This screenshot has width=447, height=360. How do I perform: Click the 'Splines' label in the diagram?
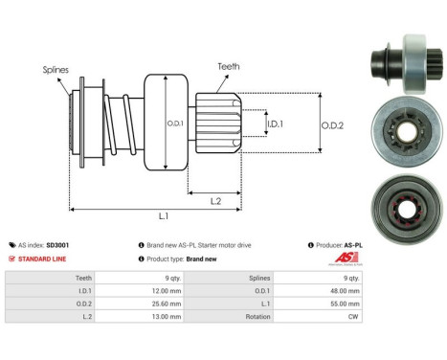tap(55, 70)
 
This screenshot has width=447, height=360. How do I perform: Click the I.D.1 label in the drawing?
tap(275, 124)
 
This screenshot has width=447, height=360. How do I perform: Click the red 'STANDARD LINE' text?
tap(45, 259)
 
